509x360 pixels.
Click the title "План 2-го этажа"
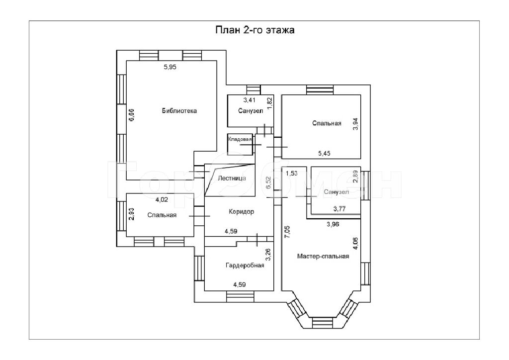coord(255,30)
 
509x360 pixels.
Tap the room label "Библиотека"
coord(179,111)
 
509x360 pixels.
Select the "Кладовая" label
coord(240,139)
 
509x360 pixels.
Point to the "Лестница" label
coord(232,178)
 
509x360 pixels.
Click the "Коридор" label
coord(241,212)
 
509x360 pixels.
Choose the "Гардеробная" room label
coord(245,266)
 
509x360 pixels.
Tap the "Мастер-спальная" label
coord(323,257)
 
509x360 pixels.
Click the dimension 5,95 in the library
coord(170,67)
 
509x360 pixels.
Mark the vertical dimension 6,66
coord(131,115)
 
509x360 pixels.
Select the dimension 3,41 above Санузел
coord(250,100)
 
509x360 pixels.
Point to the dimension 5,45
coord(324,154)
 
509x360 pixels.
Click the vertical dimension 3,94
coord(356,124)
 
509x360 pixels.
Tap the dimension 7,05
coord(288,232)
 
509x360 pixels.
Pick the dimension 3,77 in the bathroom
coord(339,209)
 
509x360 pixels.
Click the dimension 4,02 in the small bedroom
coord(162,200)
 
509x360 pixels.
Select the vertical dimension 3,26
coord(268,255)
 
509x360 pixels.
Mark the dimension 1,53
coord(291,174)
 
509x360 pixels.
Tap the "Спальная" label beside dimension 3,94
coord(327,123)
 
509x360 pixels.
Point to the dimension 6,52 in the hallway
coord(268,183)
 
